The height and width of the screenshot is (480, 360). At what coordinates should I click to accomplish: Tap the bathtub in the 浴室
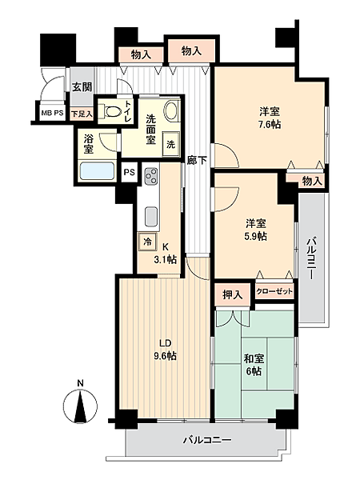point(97,171)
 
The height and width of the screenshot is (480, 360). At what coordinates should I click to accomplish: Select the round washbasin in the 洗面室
point(171,111)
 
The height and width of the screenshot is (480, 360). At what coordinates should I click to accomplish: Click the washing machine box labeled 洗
point(171,144)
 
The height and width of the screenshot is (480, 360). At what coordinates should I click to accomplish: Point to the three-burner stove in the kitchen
point(151,176)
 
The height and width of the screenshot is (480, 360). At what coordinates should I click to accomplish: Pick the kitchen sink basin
point(151,217)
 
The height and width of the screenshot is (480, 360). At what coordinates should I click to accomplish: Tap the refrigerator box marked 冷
point(147,242)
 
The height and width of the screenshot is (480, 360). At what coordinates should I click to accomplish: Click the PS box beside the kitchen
point(129,172)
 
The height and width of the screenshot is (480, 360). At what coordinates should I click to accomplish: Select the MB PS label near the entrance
point(52,113)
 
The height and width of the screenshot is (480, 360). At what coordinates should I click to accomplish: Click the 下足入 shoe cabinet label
point(82,114)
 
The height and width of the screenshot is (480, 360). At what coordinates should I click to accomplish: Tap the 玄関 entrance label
point(82,86)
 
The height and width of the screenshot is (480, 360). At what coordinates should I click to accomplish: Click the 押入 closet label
point(233,294)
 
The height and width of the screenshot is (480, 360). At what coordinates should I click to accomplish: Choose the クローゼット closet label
point(274,291)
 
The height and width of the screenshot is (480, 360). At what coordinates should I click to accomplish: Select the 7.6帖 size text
point(270,125)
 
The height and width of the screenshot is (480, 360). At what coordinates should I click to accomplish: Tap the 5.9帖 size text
point(255,236)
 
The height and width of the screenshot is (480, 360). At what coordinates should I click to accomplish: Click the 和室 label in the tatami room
point(254,358)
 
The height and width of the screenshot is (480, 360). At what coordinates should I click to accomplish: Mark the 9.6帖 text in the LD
point(165,356)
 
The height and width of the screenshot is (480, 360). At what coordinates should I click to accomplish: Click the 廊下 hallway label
point(197,160)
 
